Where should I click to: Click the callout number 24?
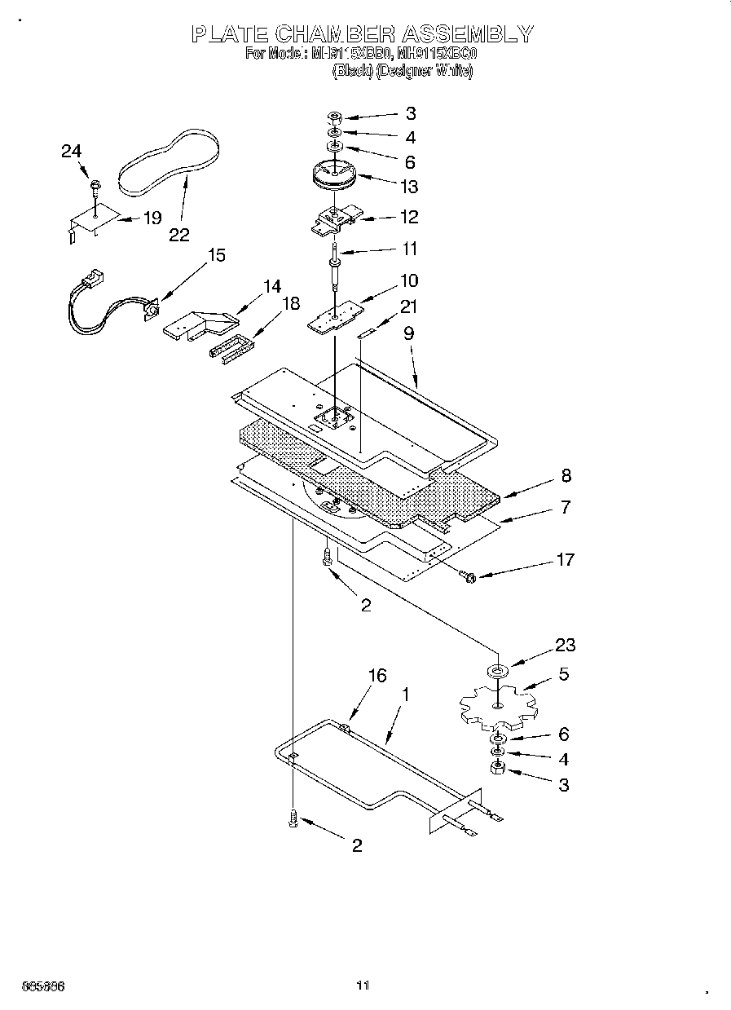72,151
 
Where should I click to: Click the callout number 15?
217,255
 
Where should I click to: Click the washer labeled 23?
497,671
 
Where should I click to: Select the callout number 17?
565,559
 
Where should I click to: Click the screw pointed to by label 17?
468,577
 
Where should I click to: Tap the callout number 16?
377,675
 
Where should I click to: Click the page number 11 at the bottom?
363,986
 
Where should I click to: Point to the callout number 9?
409,333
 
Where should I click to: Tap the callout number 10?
409,280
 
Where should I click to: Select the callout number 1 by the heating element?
405,695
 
